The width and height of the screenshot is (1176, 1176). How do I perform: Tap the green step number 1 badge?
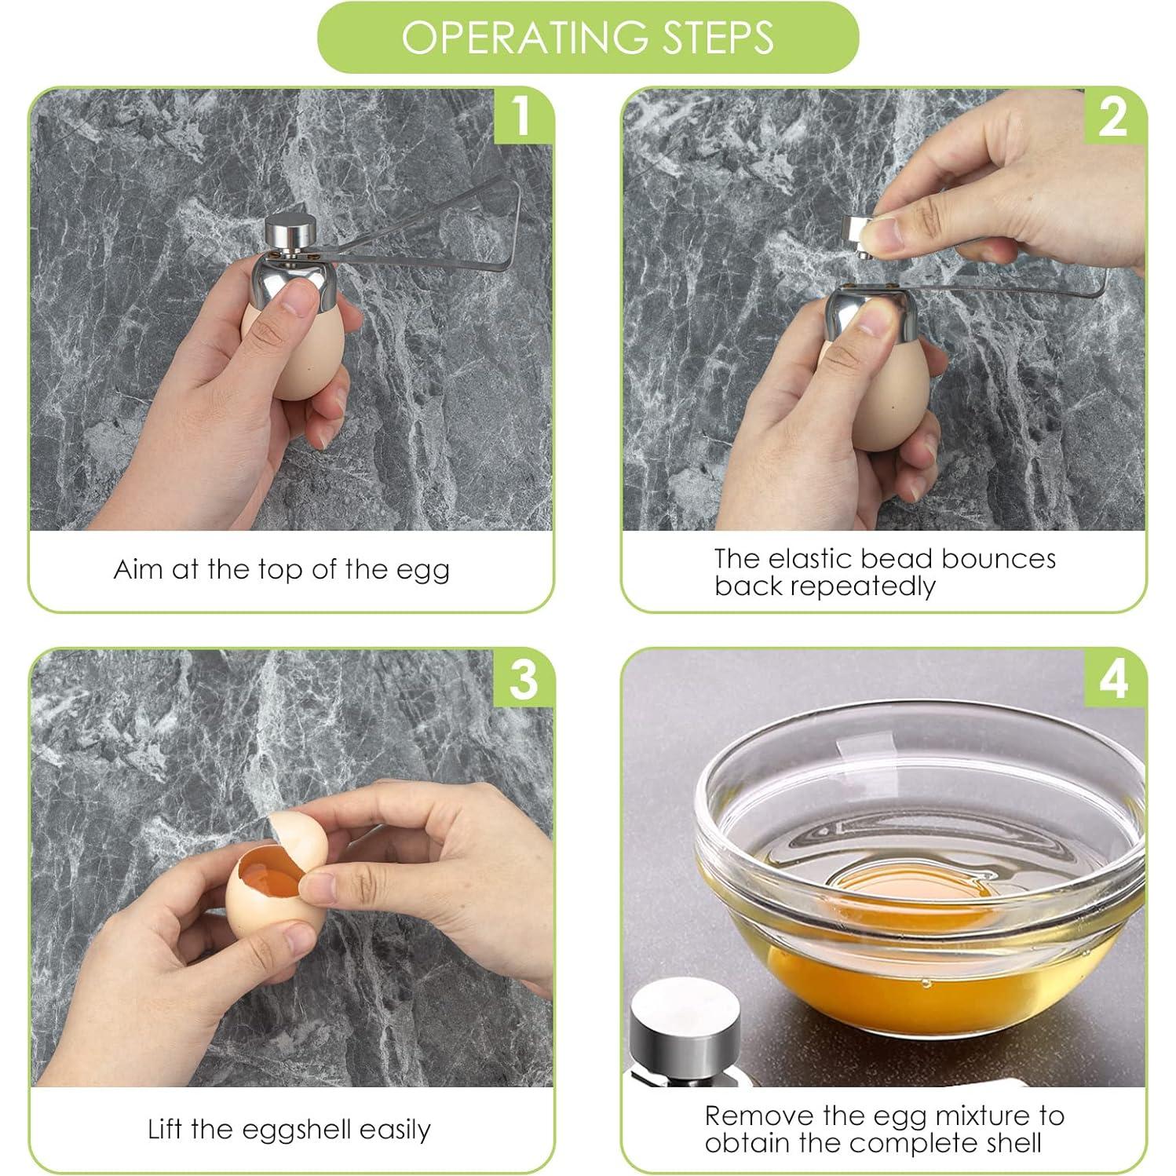point(520,115)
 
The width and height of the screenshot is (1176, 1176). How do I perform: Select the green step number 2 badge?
point(1113,115)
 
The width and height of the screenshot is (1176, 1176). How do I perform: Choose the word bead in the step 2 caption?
point(897,559)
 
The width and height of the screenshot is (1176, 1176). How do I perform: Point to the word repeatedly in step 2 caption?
point(862,587)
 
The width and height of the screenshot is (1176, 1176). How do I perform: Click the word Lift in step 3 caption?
point(166,1129)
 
